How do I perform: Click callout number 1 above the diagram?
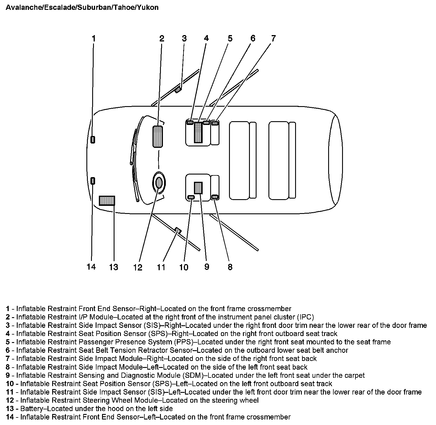(x=93, y=38)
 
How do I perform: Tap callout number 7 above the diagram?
(x=273, y=38)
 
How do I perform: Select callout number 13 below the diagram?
(x=114, y=267)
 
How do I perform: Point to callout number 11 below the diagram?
(x=161, y=267)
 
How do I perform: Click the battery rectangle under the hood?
(x=107, y=201)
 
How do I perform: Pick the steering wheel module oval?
(x=159, y=183)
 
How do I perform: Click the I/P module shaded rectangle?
(x=157, y=136)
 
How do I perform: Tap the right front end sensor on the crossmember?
(x=93, y=139)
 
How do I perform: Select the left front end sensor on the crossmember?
(x=93, y=181)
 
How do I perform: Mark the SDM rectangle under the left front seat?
(x=198, y=188)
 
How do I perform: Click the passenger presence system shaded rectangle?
(x=198, y=132)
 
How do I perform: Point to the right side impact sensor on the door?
(x=178, y=90)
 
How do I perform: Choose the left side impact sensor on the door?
(x=178, y=230)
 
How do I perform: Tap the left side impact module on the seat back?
(x=215, y=197)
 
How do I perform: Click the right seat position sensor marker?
(x=190, y=122)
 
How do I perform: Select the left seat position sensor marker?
(x=191, y=197)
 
